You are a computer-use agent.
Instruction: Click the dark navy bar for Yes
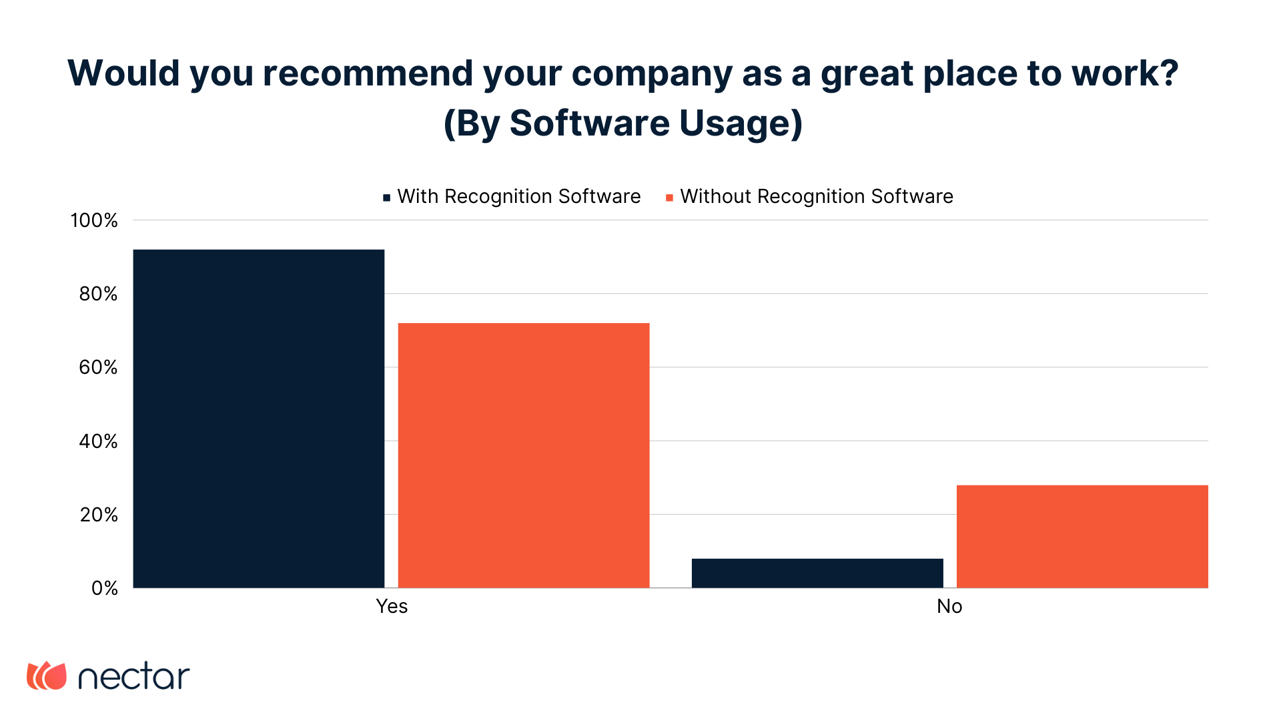[x=259, y=419]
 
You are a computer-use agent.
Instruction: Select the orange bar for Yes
[x=524, y=455]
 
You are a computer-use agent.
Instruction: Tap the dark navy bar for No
[x=817, y=573]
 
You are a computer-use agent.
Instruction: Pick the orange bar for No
[x=1082, y=536]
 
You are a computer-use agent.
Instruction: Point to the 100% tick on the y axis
[x=94, y=220]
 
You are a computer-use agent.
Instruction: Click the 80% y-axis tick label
[x=98, y=294]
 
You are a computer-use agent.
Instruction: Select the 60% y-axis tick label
[x=98, y=367]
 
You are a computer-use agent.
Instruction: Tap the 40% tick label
[x=98, y=441]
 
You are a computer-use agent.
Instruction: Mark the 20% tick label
[x=99, y=515]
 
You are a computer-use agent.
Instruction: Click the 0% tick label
[x=104, y=588]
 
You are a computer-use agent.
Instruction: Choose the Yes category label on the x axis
[x=392, y=606]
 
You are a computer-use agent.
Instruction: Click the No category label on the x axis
[x=949, y=606]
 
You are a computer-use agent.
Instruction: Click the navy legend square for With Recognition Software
[x=386, y=198]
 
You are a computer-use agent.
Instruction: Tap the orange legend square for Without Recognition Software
[x=669, y=198]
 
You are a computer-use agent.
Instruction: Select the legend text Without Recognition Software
[x=817, y=196]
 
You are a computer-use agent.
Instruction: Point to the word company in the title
[x=652, y=74]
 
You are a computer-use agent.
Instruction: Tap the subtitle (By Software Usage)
[x=623, y=124]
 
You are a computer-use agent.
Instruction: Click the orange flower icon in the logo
[x=47, y=676]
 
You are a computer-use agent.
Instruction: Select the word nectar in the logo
[x=134, y=677]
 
